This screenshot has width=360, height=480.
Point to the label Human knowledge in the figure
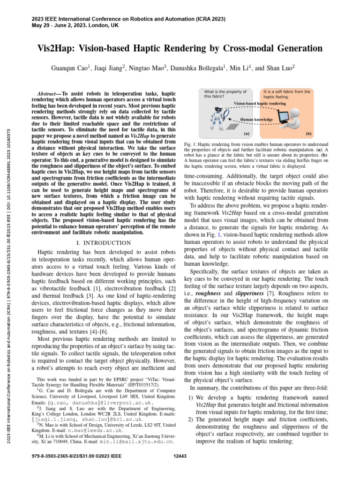(x=256, y=120)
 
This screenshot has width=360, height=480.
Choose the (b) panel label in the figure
(x=308, y=133)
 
